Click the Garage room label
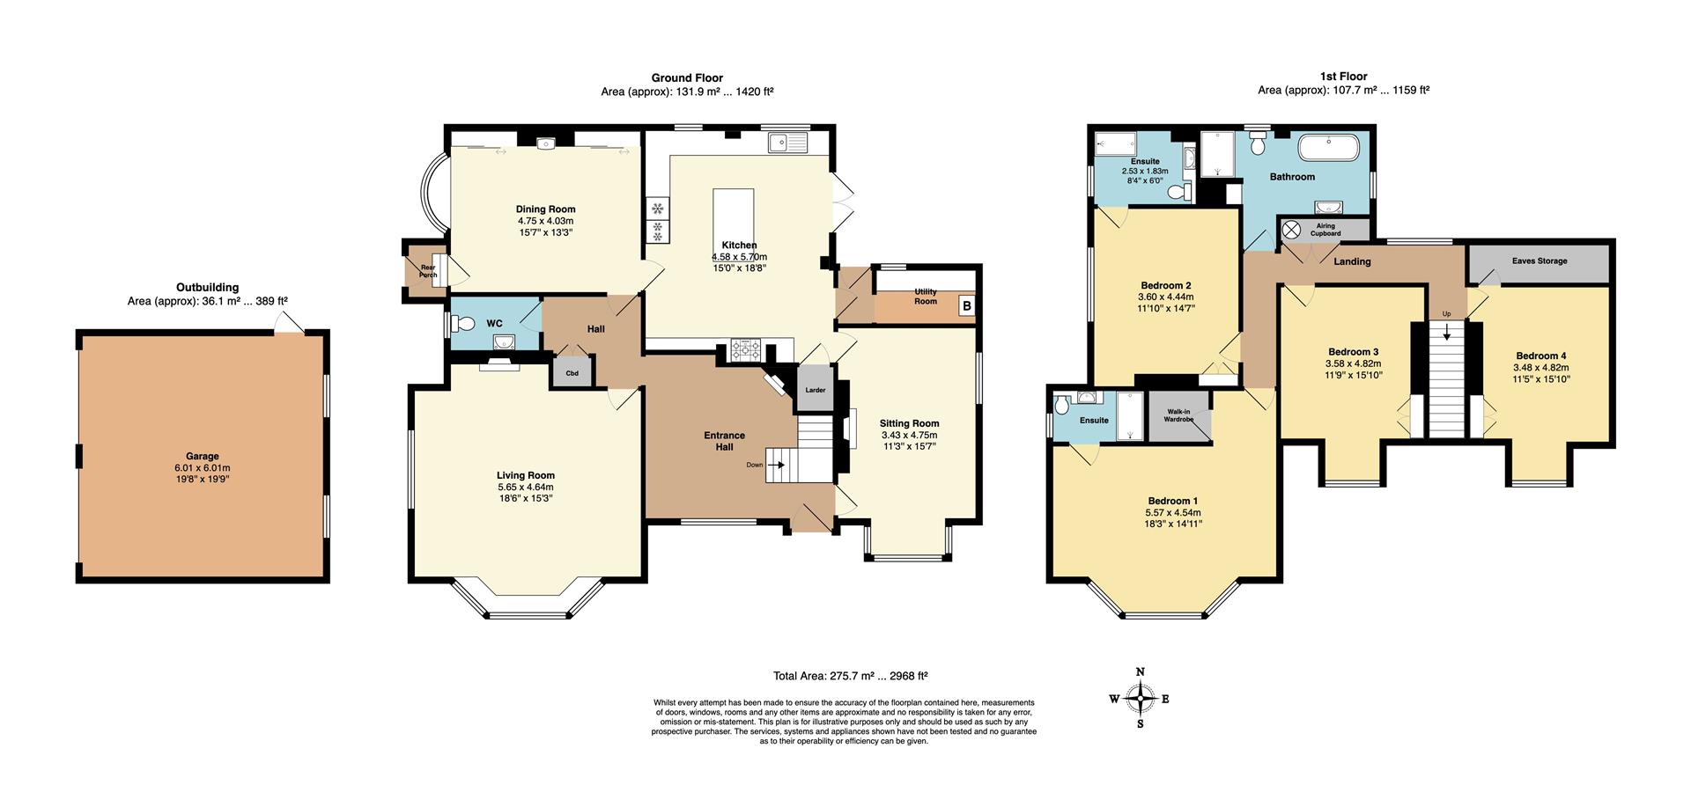[x=202, y=456]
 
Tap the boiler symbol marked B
[x=966, y=306]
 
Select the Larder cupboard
[x=815, y=389]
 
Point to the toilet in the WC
[x=462, y=323]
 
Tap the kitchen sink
[x=786, y=142]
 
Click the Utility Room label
[x=925, y=297]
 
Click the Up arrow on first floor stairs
[x=1445, y=332]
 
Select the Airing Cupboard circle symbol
[x=1291, y=230]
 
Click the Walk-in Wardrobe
[x=1179, y=415]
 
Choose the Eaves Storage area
[x=1539, y=262]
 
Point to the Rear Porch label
[x=428, y=271]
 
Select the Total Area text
[x=850, y=676]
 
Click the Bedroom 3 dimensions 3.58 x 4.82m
[x=1353, y=363]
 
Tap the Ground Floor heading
[x=687, y=77]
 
